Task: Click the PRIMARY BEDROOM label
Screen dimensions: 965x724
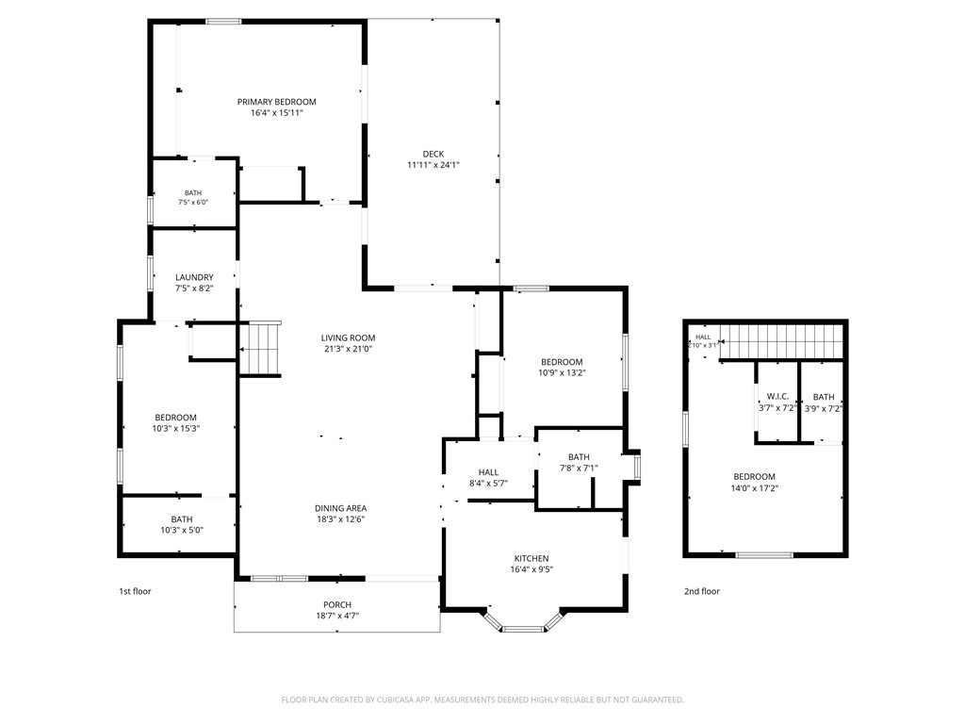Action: (276, 102)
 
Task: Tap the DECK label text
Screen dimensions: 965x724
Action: (433, 154)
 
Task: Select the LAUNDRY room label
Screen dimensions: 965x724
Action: (194, 277)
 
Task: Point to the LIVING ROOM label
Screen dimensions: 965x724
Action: (348, 337)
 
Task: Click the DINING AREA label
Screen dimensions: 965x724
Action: (340, 508)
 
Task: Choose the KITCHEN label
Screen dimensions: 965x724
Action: (532, 558)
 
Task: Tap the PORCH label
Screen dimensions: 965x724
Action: (337, 604)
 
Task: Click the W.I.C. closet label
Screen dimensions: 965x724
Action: (777, 397)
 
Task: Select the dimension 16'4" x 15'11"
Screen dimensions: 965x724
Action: (276, 113)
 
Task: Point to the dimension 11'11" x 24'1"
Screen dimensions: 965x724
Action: (433, 165)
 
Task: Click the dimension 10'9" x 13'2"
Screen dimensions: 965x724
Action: (562, 372)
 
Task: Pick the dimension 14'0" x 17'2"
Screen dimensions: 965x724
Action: (754, 488)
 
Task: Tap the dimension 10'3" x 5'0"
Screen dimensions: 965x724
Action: (182, 530)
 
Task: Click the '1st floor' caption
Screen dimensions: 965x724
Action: (135, 591)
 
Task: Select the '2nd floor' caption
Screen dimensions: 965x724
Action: (701, 591)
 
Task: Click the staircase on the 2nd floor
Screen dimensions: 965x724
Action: (781, 341)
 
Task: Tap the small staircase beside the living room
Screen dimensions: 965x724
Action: (260, 349)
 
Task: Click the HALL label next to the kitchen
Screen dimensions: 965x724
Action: (488, 472)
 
